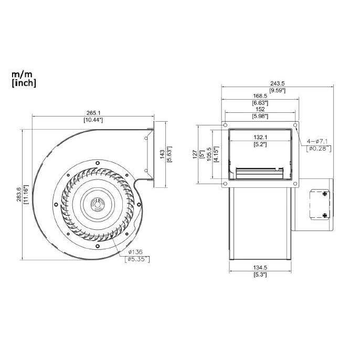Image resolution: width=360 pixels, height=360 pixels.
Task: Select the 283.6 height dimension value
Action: point(19,194)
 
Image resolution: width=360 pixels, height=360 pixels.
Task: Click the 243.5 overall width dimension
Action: point(277,83)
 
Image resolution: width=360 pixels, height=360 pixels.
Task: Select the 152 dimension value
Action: point(261,109)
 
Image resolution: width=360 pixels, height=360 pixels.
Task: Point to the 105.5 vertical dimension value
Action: point(209,154)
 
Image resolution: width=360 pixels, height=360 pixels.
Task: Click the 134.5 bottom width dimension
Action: point(260,268)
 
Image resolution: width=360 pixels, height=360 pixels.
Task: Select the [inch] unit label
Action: point(24,83)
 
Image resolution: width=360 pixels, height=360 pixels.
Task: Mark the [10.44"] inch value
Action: point(93,120)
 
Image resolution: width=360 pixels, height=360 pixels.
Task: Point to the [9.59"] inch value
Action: point(277,90)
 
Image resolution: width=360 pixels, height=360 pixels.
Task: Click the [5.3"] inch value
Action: point(260,274)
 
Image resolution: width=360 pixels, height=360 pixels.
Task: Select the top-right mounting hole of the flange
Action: point(295,126)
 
